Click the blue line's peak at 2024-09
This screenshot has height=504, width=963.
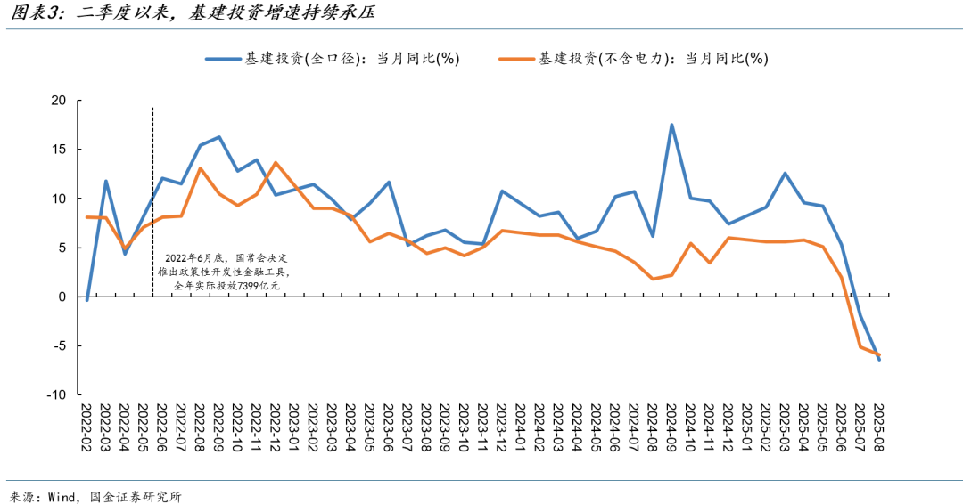671,125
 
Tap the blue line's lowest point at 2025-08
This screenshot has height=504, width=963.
879,359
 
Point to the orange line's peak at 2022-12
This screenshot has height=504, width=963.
276,162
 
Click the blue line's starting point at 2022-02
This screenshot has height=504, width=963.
86,300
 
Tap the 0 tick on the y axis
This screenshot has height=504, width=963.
62,297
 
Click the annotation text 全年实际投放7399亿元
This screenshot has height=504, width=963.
227,285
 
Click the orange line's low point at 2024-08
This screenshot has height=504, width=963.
653,279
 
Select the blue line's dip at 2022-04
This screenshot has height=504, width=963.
125,254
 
